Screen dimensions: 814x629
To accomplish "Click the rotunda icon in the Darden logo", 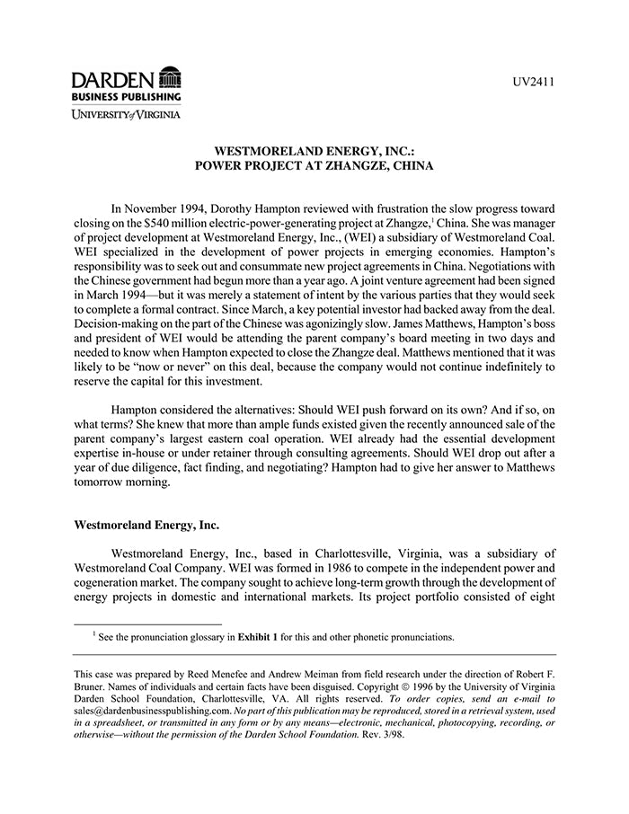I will pos(169,78).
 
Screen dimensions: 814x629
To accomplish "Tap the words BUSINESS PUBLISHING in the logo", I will pos(127,95).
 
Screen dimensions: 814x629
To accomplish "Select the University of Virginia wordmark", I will pos(127,114).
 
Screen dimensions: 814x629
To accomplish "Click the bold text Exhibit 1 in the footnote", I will pos(259,638).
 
